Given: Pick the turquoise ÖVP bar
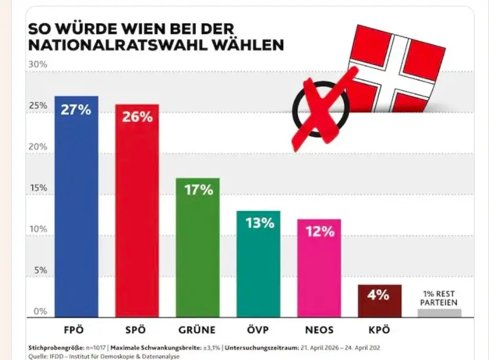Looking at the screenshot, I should [x=258, y=264].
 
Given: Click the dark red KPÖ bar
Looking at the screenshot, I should [x=379, y=301].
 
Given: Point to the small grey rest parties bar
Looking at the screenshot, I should [x=440, y=313].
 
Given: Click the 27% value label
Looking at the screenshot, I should [x=76, y=109].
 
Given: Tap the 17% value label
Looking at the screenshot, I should [x=198, y=190].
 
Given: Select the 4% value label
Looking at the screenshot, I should [x=379, y=295].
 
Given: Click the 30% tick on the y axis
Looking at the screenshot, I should [x=38, y=64].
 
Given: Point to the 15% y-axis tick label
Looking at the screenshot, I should [x=38, y=188].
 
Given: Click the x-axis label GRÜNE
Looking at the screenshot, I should [x=198, y=330].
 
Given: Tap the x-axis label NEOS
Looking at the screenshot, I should [x=319, y=330].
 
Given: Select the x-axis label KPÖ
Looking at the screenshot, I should [x=379, y=330].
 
